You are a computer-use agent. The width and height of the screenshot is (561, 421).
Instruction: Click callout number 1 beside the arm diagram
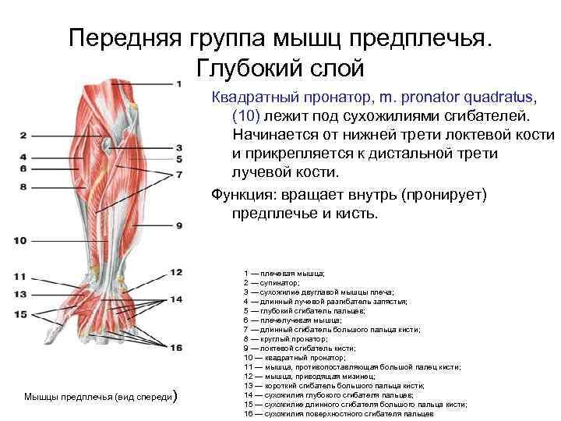tap(178, 83)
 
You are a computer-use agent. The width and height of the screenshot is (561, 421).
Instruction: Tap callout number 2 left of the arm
tap(23, 136)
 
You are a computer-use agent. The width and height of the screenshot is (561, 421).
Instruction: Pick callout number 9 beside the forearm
tap(178, 225)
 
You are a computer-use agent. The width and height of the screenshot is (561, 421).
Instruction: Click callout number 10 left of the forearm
tap(20, 240)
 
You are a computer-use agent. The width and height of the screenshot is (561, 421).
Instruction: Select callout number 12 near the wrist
tap(176, 272)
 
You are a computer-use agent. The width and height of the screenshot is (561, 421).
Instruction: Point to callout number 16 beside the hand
tap(176, 348)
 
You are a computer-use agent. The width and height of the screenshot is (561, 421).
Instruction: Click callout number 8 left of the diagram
tap(23, 187)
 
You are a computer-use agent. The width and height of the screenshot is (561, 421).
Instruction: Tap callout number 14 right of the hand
tap(177, 299)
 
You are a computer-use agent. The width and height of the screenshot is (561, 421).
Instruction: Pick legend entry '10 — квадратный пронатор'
tap(292, 357)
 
